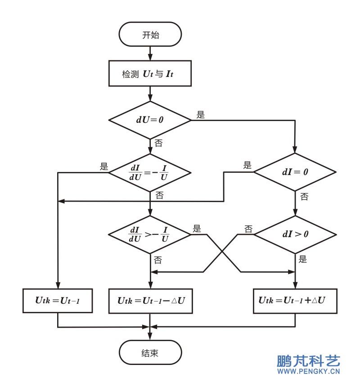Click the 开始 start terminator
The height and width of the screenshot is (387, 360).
[x=150, y=34]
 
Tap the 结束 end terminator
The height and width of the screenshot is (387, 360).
[x=150, y=352]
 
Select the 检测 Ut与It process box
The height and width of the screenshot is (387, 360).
[x=150, y=73]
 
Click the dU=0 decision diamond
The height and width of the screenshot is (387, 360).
[x=150, y=120]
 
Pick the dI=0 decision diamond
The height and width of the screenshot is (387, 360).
[x=295, y=172]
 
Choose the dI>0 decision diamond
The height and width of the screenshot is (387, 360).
[x=295, y=234]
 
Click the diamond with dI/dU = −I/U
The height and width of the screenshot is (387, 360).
[x=150, y=172]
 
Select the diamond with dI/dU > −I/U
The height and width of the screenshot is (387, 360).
[x=150, y=234]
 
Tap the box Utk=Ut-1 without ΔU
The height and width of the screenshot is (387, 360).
[x=58, y=301]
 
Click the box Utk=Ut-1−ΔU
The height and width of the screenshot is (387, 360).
[x=150, y=301]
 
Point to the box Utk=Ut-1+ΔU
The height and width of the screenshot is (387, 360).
[x=295, y=301]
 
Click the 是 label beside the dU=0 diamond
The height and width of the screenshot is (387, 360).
[x=201, y=115]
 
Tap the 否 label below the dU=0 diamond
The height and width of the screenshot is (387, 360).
[x=158, y=143]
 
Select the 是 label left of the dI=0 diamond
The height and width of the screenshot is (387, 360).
[x=247, y=165]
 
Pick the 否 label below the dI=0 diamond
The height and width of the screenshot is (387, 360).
[x=304, y=197]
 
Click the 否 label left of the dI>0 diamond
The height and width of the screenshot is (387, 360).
[x=248, y=229]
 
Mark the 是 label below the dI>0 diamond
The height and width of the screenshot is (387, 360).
[x=302, y=259]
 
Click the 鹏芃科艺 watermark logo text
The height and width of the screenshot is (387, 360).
[x=308, y=361]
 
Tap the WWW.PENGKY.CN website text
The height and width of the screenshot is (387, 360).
[x=308, y=371]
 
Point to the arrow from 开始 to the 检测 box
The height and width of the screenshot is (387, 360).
[x=150, y=53]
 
